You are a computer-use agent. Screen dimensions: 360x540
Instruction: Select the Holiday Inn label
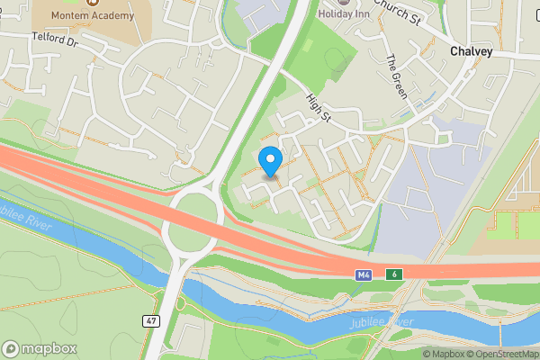click(351, 13)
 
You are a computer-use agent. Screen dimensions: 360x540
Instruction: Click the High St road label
click(319, 111)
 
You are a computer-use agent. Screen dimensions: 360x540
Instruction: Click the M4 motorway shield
click(363, 273)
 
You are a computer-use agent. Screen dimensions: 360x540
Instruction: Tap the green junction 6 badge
click(393, 273)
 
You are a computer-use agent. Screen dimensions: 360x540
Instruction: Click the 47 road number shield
click(151, 320)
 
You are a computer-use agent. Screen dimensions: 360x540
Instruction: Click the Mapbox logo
click(40, 348)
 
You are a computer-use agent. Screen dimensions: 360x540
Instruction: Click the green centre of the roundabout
click(193, 219)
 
